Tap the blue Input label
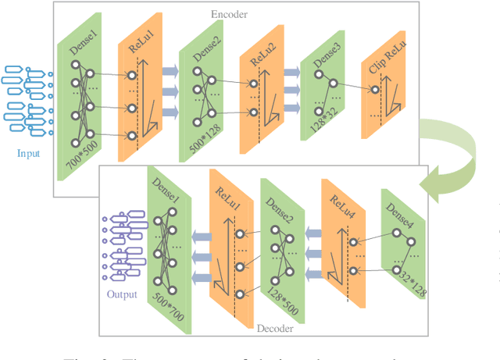[28, 154]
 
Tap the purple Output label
[121, 294]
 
